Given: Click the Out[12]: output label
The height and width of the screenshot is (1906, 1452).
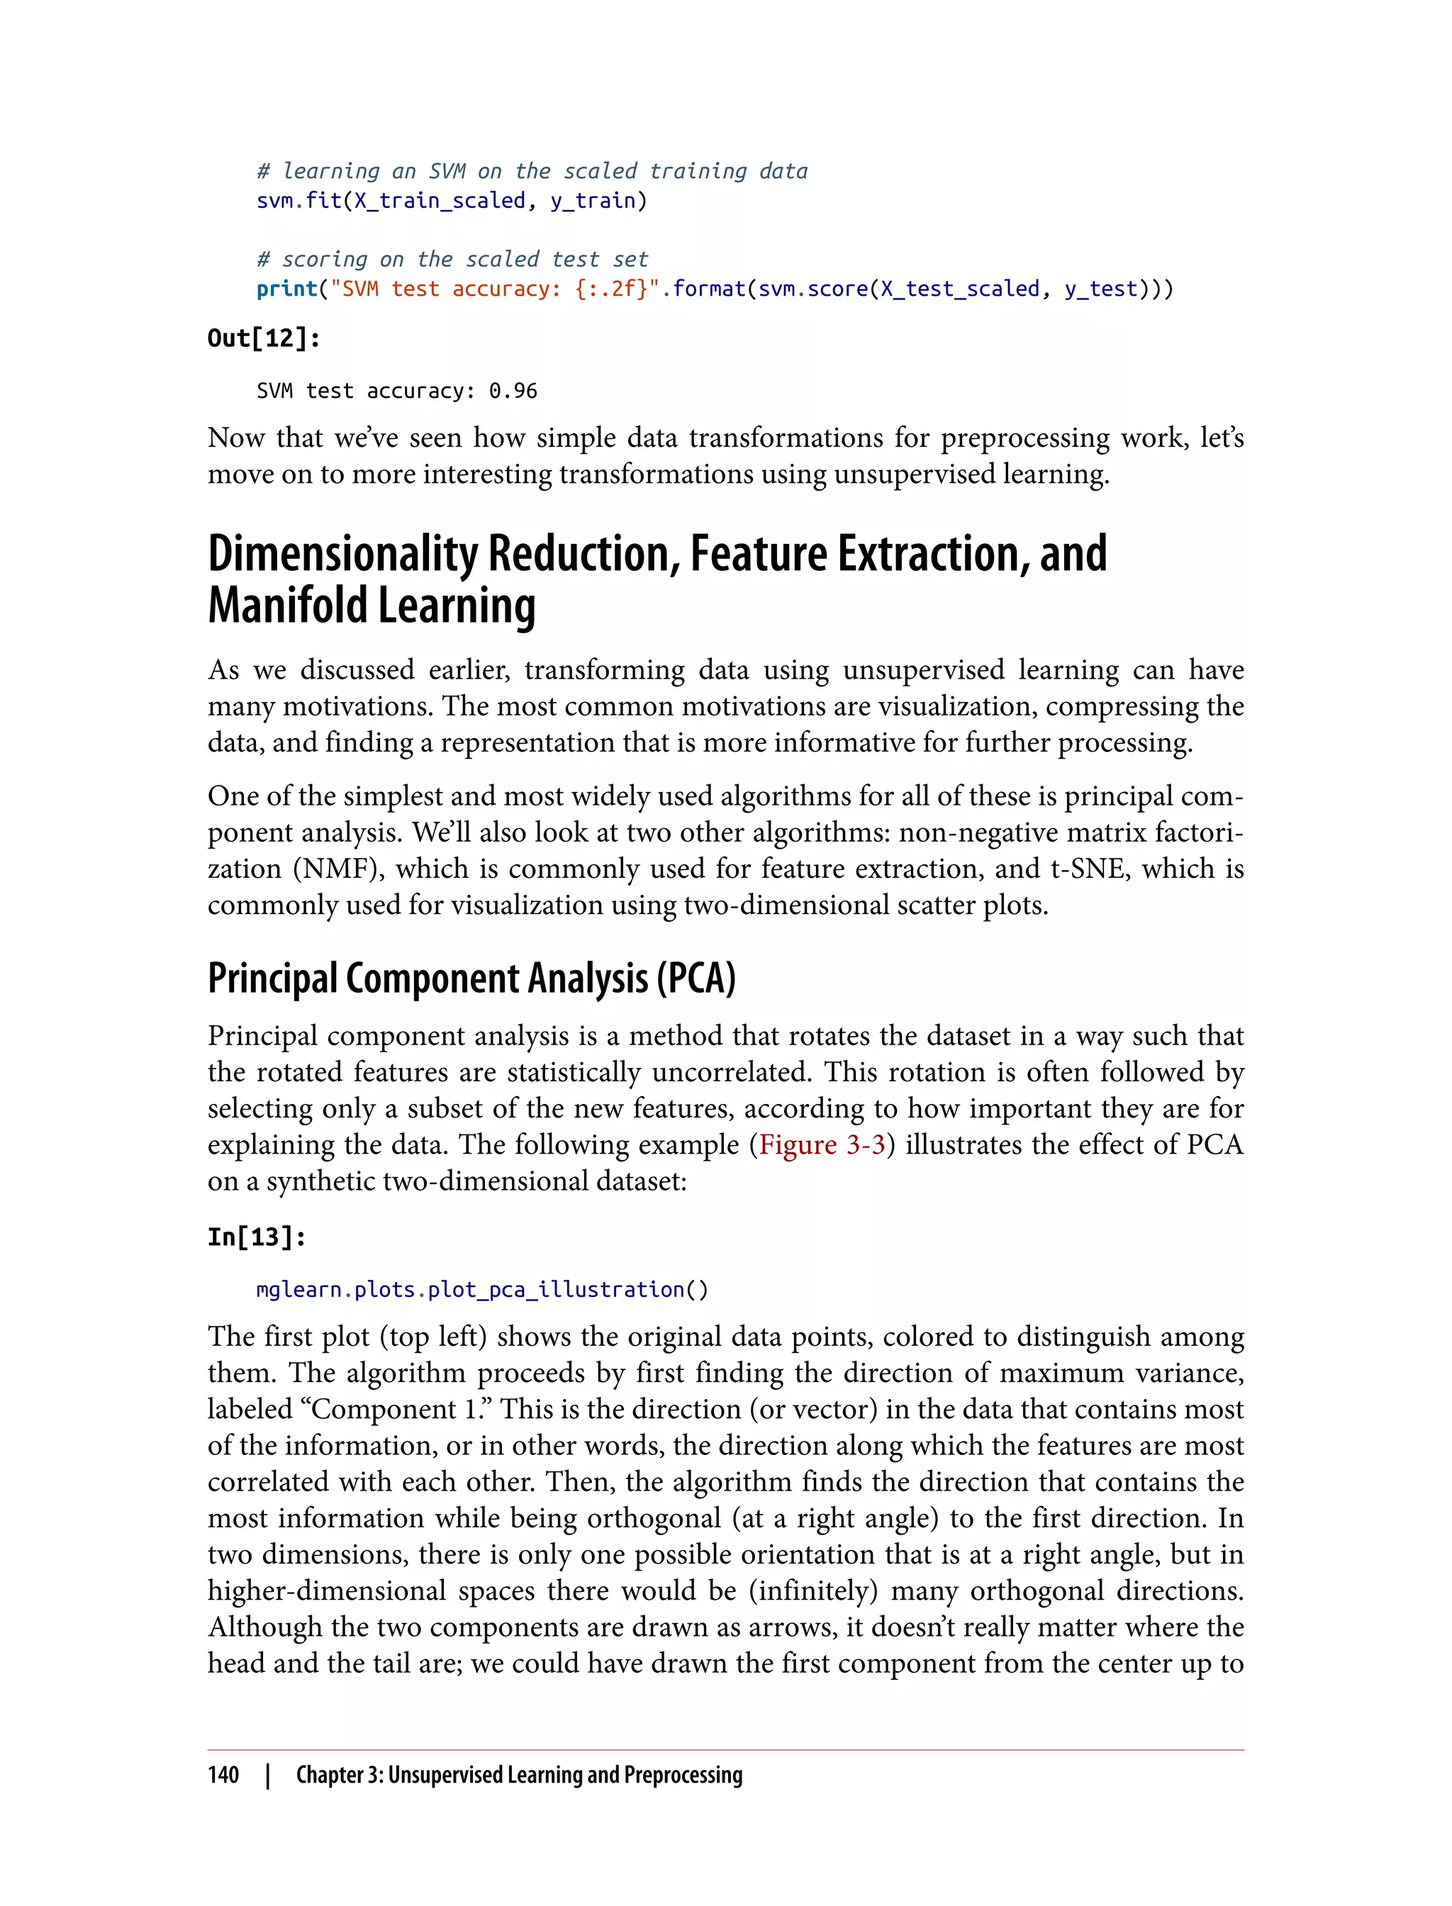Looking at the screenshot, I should click(264, 338).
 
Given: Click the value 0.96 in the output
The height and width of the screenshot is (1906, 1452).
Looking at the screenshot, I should click(513, 391).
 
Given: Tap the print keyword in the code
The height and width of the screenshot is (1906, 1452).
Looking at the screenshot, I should click(287, 289).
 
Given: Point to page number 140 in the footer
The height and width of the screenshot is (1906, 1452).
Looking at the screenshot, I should click(223, 1775).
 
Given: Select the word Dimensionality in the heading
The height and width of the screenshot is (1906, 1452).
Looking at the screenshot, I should click(342, 553).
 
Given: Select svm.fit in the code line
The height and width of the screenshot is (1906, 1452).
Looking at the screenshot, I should click(299, 201).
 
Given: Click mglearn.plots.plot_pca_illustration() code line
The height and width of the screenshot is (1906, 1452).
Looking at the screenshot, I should click(481, 1290).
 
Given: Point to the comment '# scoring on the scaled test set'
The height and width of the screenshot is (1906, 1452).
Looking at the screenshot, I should click(452, 260).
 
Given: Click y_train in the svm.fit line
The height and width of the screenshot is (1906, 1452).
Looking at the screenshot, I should click(592, 201).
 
